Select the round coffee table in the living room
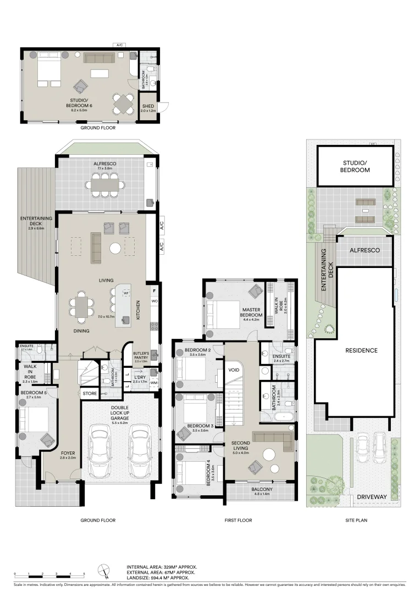point(115,249)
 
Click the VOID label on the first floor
point(234,370)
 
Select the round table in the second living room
point(270,454)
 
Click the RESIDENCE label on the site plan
point(361,350)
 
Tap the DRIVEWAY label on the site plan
point(372,496)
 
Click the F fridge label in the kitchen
point(154,290)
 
